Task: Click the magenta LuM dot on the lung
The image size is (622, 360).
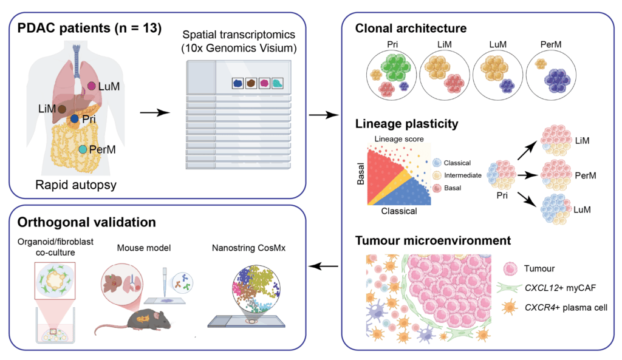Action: (91, 86)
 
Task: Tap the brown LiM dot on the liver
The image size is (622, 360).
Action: (61, 109)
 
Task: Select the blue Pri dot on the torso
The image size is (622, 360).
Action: (74, 120)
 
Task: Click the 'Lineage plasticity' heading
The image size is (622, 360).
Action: (406, 124)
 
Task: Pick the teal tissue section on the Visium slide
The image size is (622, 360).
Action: (278, 83)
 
